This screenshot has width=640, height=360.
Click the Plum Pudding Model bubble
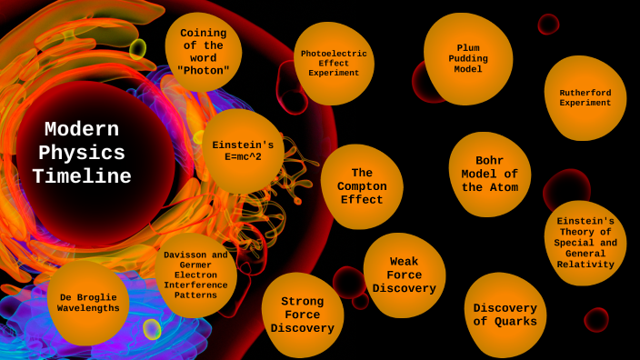tap(468, 58)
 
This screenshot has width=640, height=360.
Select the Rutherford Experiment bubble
tap(585, 97)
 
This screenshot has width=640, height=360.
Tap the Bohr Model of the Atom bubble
tap(489, 175)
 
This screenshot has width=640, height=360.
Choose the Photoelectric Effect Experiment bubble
tap(334, 63)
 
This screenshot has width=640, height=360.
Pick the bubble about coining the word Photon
tap(203, 52)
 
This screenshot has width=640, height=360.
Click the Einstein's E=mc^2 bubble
tap(243, 151)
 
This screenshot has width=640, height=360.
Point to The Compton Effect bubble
tap(362, 186)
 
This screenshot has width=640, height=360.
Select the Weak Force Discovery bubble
tap(404, 275)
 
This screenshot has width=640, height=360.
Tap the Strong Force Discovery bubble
tap(302, 315)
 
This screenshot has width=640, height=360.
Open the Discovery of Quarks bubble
tap(505, 315)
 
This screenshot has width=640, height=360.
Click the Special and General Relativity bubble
tap(585, 243)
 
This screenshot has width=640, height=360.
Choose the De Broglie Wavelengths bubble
tap(88, 303)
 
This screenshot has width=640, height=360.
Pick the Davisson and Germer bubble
tap(195, 275)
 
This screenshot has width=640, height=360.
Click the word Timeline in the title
tap(82, 177)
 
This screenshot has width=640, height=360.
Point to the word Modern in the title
tap(82, 130)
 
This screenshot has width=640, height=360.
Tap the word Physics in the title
tap(82, 154)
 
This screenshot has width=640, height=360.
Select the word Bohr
tap(489, 161)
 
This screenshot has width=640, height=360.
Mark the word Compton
tap(362, 186)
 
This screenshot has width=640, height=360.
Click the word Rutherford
tap(585, 92)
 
